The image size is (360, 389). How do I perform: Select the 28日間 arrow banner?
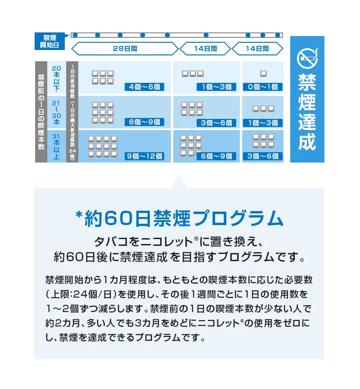[125, 48]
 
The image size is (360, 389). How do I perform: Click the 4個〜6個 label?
[144, 87]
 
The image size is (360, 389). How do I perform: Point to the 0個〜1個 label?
[263, 87]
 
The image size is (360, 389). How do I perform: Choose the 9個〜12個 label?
[144, 156]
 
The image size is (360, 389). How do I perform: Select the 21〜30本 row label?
[56, 113]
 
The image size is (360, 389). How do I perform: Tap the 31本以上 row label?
[56, 146]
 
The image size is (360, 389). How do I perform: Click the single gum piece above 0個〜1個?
[263, 73]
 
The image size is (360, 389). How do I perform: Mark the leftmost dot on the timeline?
[75, 35]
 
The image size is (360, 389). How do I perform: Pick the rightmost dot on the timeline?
[278, 35]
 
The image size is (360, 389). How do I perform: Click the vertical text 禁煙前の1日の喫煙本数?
[41, 112]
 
